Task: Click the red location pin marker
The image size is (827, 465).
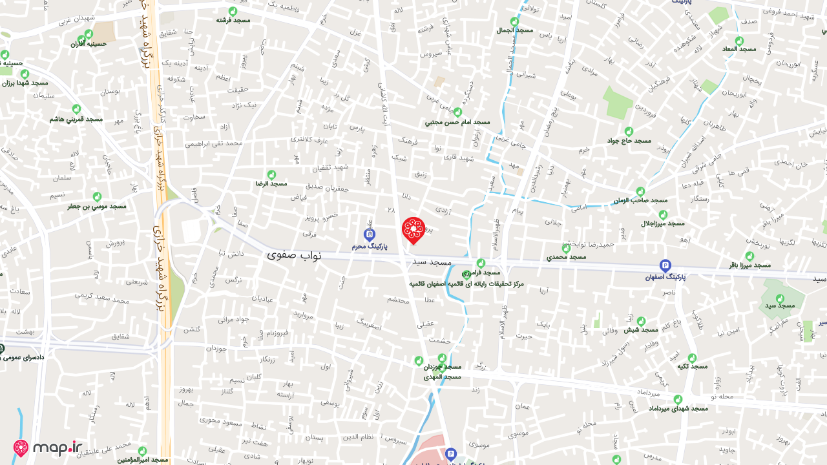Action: (413, 230)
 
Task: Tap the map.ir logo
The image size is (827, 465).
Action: (48, 448)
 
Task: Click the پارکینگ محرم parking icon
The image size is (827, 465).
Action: (370, 234)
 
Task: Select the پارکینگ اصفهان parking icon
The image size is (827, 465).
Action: (665, 265)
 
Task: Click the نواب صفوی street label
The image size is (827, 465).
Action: (294, 255)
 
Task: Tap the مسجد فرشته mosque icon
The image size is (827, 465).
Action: (233, 11)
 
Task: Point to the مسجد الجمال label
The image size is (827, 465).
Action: (515, 30)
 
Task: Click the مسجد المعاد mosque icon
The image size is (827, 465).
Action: (739, 41)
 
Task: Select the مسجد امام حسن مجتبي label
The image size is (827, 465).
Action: (457, 121)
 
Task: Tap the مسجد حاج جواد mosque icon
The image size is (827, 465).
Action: (629, 131)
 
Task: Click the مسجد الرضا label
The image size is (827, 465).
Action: (271, 183)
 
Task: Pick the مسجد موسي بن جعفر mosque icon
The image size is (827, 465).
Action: (97, 196)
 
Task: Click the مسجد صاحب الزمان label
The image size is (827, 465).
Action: (640, 201)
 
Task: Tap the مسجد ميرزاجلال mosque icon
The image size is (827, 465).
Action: (663, 214)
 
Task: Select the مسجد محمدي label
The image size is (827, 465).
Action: (567, 257)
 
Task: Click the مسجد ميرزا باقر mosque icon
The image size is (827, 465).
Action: (749, 256)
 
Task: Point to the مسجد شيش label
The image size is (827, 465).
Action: (640, 330)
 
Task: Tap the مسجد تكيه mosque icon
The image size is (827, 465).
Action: (692, 358)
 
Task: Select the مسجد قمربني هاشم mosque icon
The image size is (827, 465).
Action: (76, 109)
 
